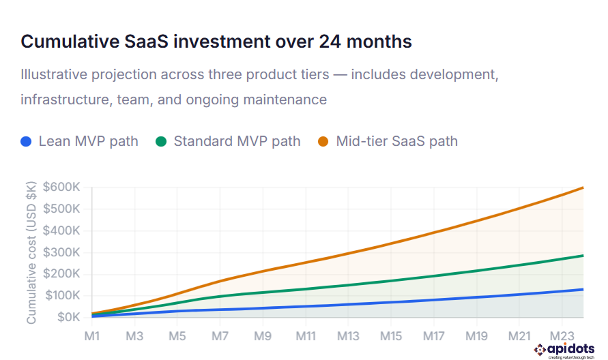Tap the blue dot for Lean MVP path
click(x=27, y=142)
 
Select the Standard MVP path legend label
click(x=237, y=142)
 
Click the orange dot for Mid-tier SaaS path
click(x=323, y=142)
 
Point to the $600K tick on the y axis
click(x=61, y=187)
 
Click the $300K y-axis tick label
click(x=61, y=252)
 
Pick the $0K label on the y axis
click(x=67, y=317)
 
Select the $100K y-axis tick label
click(x=61, y=295)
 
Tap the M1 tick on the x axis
click(x=92, y=336)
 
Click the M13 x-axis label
click(x=348, y=336)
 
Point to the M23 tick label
click(x=562, y=336)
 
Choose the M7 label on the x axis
click(x=220, y=336)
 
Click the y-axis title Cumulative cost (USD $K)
click(x=31, y=252)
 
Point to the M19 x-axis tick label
click(x=476, y=336)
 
